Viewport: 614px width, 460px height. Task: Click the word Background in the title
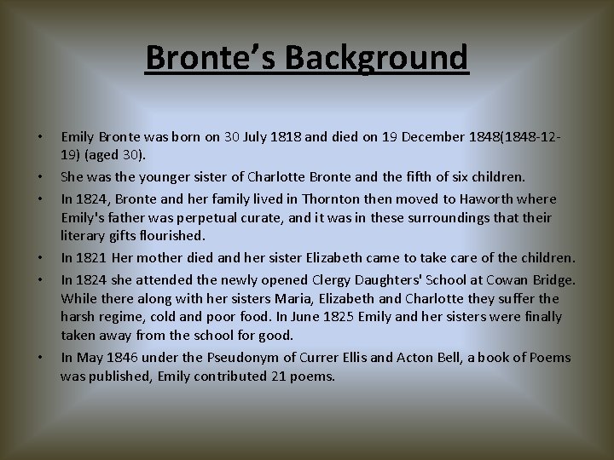(377, 58)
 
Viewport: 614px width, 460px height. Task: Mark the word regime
(126, 317)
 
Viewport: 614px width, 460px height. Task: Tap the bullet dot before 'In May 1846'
(39, 358)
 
